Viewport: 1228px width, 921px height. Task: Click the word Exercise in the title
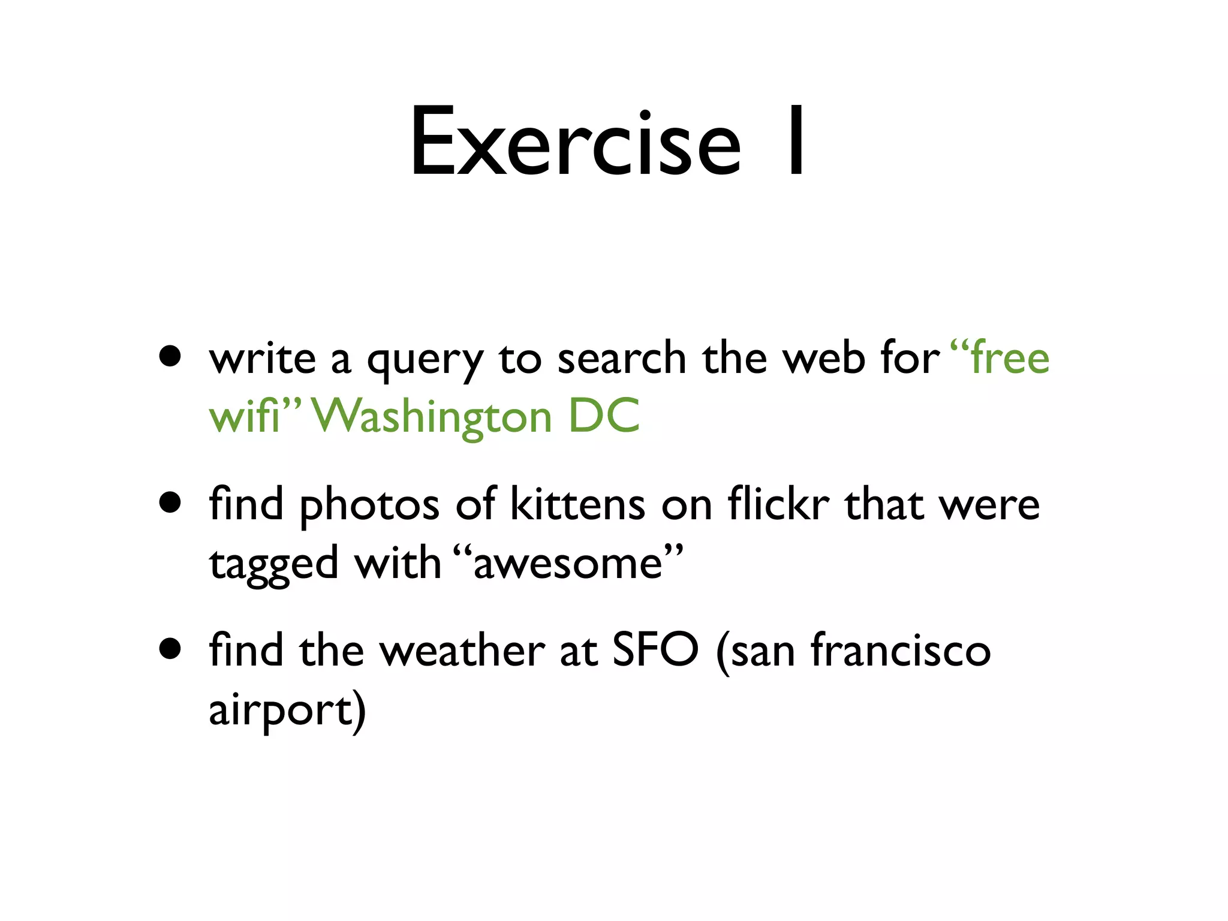click(576, 143)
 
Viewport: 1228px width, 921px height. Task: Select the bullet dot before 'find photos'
click(171, 502)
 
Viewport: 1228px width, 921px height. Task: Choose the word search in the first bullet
click(621, 358)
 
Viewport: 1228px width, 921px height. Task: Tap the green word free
click(1010, 358)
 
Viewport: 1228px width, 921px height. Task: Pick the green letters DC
click(604, 416)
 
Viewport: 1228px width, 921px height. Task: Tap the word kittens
click(577, 504)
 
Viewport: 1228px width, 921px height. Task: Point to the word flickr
click(778, 504)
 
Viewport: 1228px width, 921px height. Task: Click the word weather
click(462, 650)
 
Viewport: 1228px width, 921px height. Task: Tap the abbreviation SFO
click(655, 650)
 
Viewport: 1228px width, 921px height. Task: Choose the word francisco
click(901, 650)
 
